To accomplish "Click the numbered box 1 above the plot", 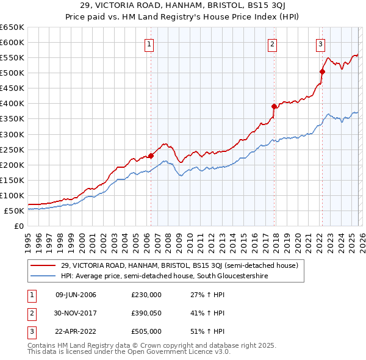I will (149, 43).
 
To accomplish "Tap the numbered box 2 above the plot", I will (272, 43).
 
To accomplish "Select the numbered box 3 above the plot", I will (320, 43).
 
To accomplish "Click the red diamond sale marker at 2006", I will (151, 155).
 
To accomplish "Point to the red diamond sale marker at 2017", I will (274, 106).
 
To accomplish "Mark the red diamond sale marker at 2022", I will (321, 71).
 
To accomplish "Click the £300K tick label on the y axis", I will (12, 134).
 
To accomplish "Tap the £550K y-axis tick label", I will (12, 58).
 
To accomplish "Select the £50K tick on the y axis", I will (15, 211).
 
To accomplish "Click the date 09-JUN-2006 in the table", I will (76, 295).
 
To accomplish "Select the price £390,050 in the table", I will (146, 313).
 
